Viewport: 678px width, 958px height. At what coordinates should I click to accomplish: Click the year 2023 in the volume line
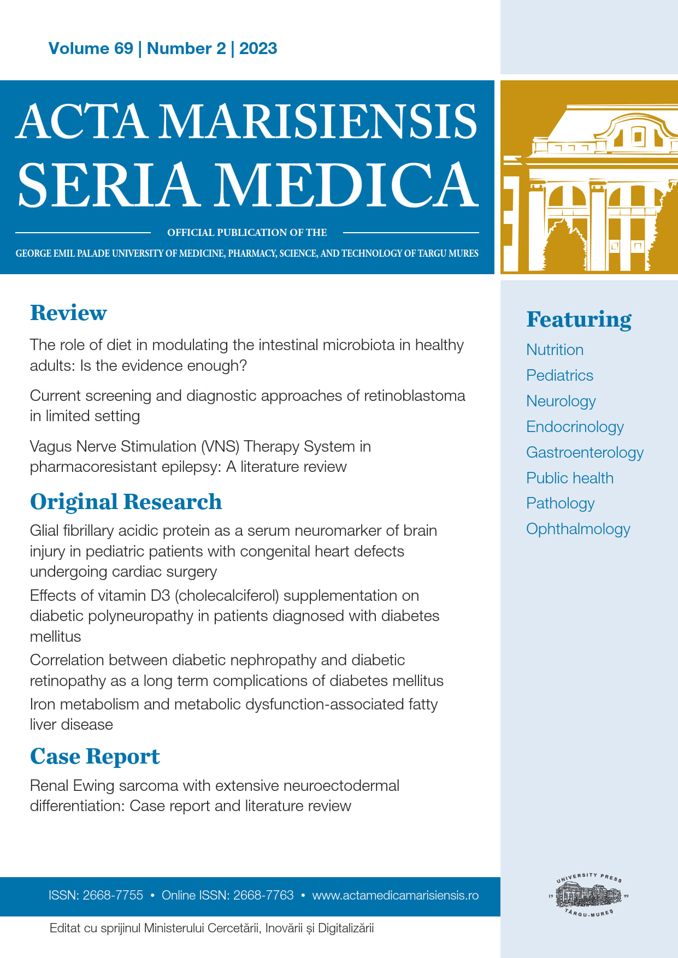point(258,49)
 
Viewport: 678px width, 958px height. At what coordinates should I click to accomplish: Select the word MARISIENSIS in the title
point(320,121)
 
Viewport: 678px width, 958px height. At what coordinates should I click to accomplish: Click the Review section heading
point(68,313)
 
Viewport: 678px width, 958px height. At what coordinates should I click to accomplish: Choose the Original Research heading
point(126,502)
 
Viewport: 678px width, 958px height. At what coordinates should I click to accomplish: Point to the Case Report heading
point(95,756)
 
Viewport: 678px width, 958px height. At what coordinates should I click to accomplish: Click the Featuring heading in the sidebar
point(579,320)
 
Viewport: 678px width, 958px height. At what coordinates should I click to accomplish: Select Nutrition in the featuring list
point(555,350)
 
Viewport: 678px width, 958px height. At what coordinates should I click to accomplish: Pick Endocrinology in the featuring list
point(575,427)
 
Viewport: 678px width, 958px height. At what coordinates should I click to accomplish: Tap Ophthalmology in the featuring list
point(578,529)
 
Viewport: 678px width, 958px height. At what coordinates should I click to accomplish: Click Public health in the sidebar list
point(570,478)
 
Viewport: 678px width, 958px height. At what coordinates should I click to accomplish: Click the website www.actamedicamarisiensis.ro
point(395,896)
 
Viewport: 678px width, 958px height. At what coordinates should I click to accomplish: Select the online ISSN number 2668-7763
point(263,896)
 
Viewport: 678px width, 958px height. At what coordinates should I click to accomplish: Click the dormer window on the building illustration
point(637,136)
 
